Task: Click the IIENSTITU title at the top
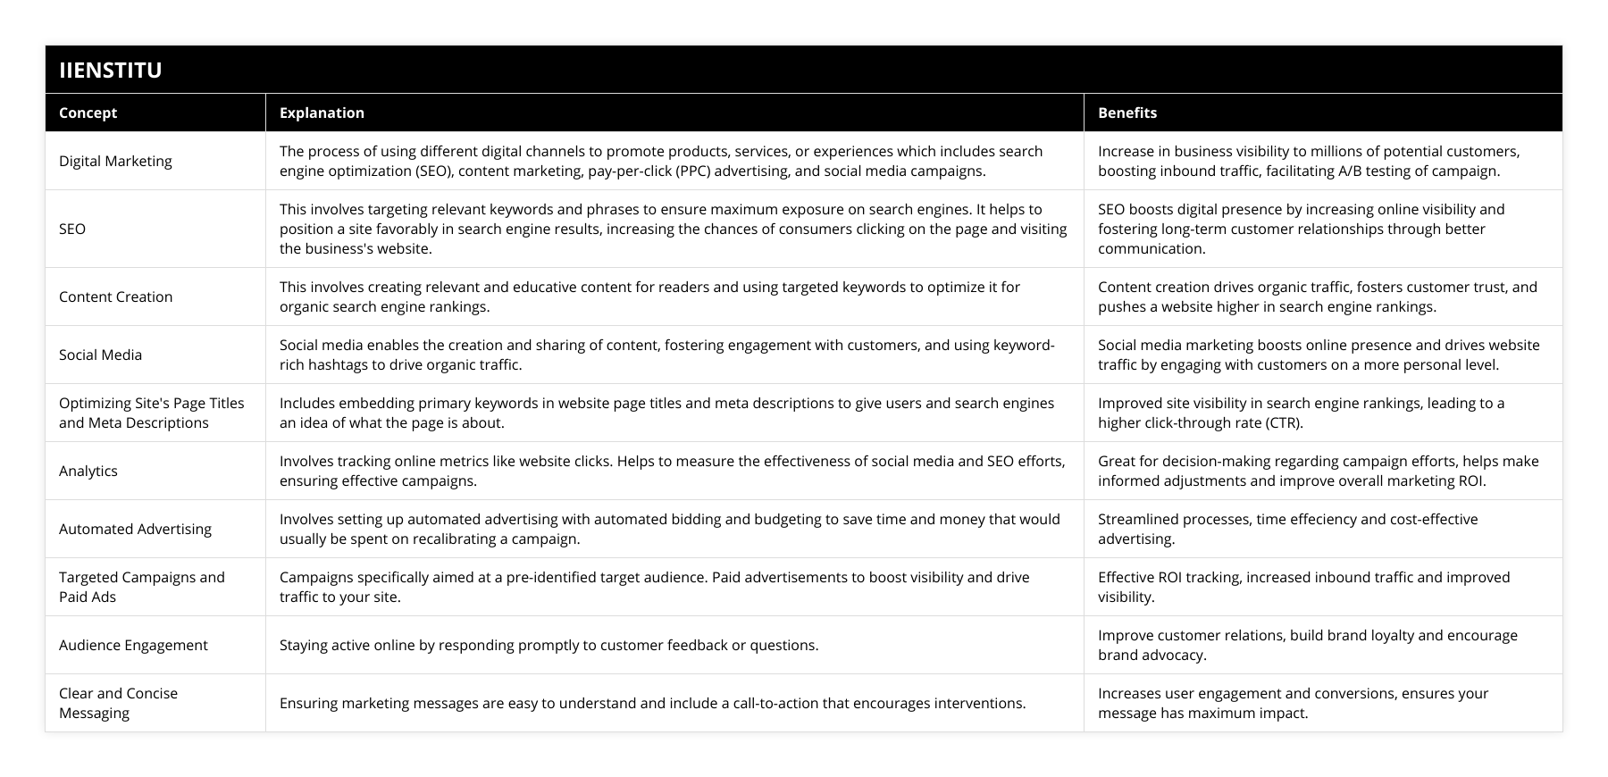point(111,70)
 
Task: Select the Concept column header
point(88,113)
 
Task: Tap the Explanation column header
point(322,113)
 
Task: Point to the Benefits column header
point(1126,113)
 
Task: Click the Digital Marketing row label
point(115,161)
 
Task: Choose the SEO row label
point(72,229)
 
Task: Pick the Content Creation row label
point(115,297)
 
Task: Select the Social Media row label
point(100,355)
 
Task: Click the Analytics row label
point(88,471)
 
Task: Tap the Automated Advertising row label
point(135,529)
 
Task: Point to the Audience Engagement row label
point(133,645)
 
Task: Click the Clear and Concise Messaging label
point(118,703)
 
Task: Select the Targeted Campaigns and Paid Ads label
point(141,587)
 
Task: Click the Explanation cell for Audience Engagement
point(549,645)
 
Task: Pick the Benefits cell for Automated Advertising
point(1287,529)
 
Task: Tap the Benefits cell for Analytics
point(1318,471)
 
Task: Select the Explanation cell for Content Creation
point(649,297)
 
